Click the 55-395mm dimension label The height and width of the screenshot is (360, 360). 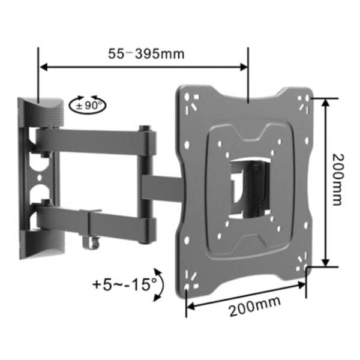[146, 54]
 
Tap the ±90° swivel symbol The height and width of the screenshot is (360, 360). [88, 105]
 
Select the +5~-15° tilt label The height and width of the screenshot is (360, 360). [125, 284]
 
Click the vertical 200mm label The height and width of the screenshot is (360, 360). [338, 180]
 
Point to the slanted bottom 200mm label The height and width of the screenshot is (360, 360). [255, 307]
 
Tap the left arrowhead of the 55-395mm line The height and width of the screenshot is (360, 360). [44, 67]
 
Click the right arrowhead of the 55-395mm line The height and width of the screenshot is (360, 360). [244, 67]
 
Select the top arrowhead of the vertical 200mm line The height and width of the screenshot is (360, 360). [325, 103]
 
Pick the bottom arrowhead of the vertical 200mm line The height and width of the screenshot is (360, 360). [325, 262]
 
